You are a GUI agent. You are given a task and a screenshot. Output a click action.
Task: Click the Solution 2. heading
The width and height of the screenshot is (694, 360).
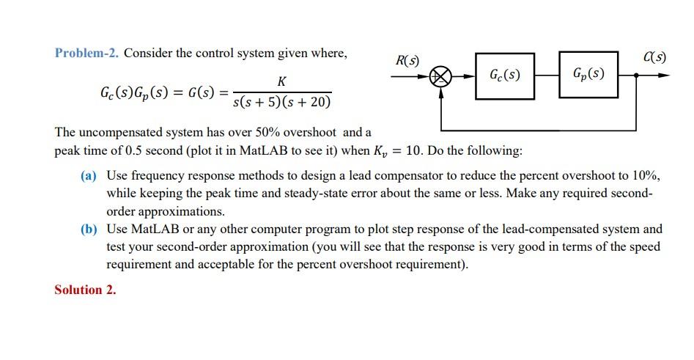[85, 290]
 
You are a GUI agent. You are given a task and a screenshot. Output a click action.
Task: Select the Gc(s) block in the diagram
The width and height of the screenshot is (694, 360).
[505, 75]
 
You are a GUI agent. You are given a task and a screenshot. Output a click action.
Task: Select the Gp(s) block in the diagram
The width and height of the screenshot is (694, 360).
[588, 73]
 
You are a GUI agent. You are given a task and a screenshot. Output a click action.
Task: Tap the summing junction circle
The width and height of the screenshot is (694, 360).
[441, 76]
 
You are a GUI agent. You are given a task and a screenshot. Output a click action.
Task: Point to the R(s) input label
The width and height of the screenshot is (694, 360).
[407, 60]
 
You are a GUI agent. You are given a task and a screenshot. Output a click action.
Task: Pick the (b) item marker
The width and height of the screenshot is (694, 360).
[89, 229]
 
